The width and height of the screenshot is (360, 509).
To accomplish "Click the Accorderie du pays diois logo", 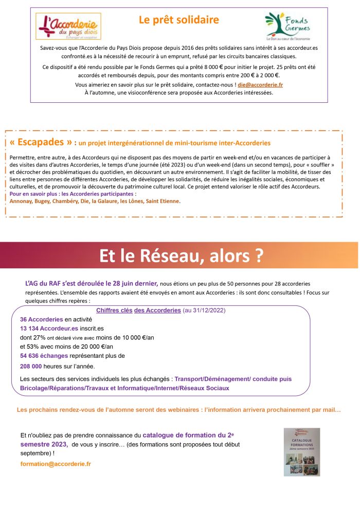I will pos(68,26).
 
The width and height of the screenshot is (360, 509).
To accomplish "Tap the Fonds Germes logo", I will pos(287,27).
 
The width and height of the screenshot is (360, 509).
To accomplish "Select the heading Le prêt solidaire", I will pos(179,20).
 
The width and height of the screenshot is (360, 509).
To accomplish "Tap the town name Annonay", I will pos(21,201).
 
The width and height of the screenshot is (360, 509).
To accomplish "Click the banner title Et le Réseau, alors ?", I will pos(181,256).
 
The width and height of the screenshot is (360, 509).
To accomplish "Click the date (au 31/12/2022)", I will pos(204,311).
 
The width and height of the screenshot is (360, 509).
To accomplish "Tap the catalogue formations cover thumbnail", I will pos(302,451).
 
